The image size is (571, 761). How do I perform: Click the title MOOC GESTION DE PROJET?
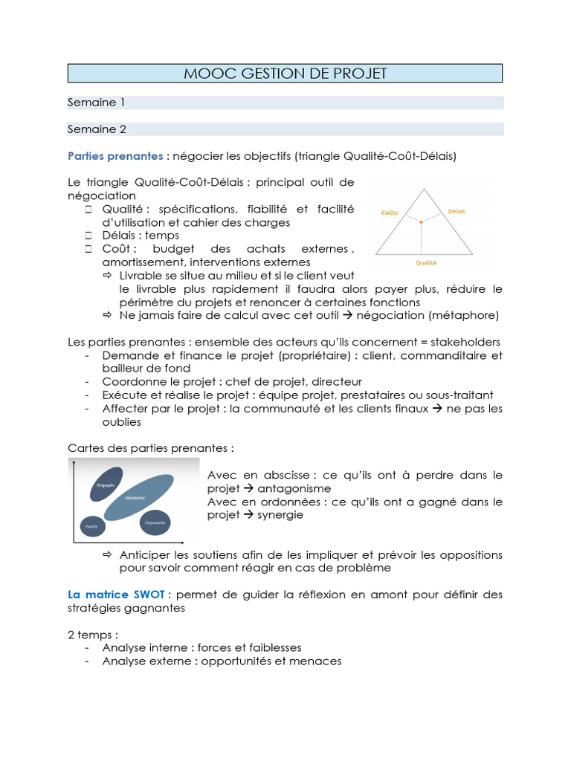[x=285, y=73]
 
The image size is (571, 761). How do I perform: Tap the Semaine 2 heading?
[x=97, y=129]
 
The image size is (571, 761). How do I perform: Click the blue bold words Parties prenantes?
[x=115, y=156]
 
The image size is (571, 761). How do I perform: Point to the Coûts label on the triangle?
[x=389, y=213]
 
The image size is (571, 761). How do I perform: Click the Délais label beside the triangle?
[x=457, y=211]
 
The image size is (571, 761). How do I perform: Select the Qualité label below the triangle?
[x=425, y=262]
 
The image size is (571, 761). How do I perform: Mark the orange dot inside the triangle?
[x=421, y=221]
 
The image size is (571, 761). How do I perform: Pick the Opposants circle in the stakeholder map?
[x=155, y=522]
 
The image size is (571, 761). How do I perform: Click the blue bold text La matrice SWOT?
[x=116, y=595]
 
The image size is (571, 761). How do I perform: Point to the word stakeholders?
[x=465, y=342]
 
